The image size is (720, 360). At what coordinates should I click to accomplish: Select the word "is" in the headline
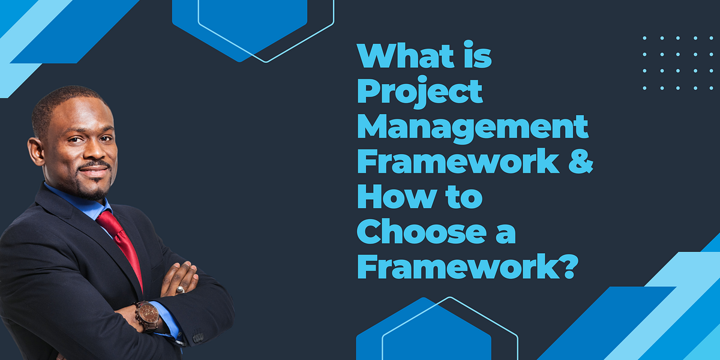pos(475,56)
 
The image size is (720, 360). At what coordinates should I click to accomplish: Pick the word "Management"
pos(473,127)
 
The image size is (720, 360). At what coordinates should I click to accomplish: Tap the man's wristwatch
pos(146,314)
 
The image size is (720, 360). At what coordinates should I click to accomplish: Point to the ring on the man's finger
pos(180,289)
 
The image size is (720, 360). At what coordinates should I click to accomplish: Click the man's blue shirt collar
pos(78,204)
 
